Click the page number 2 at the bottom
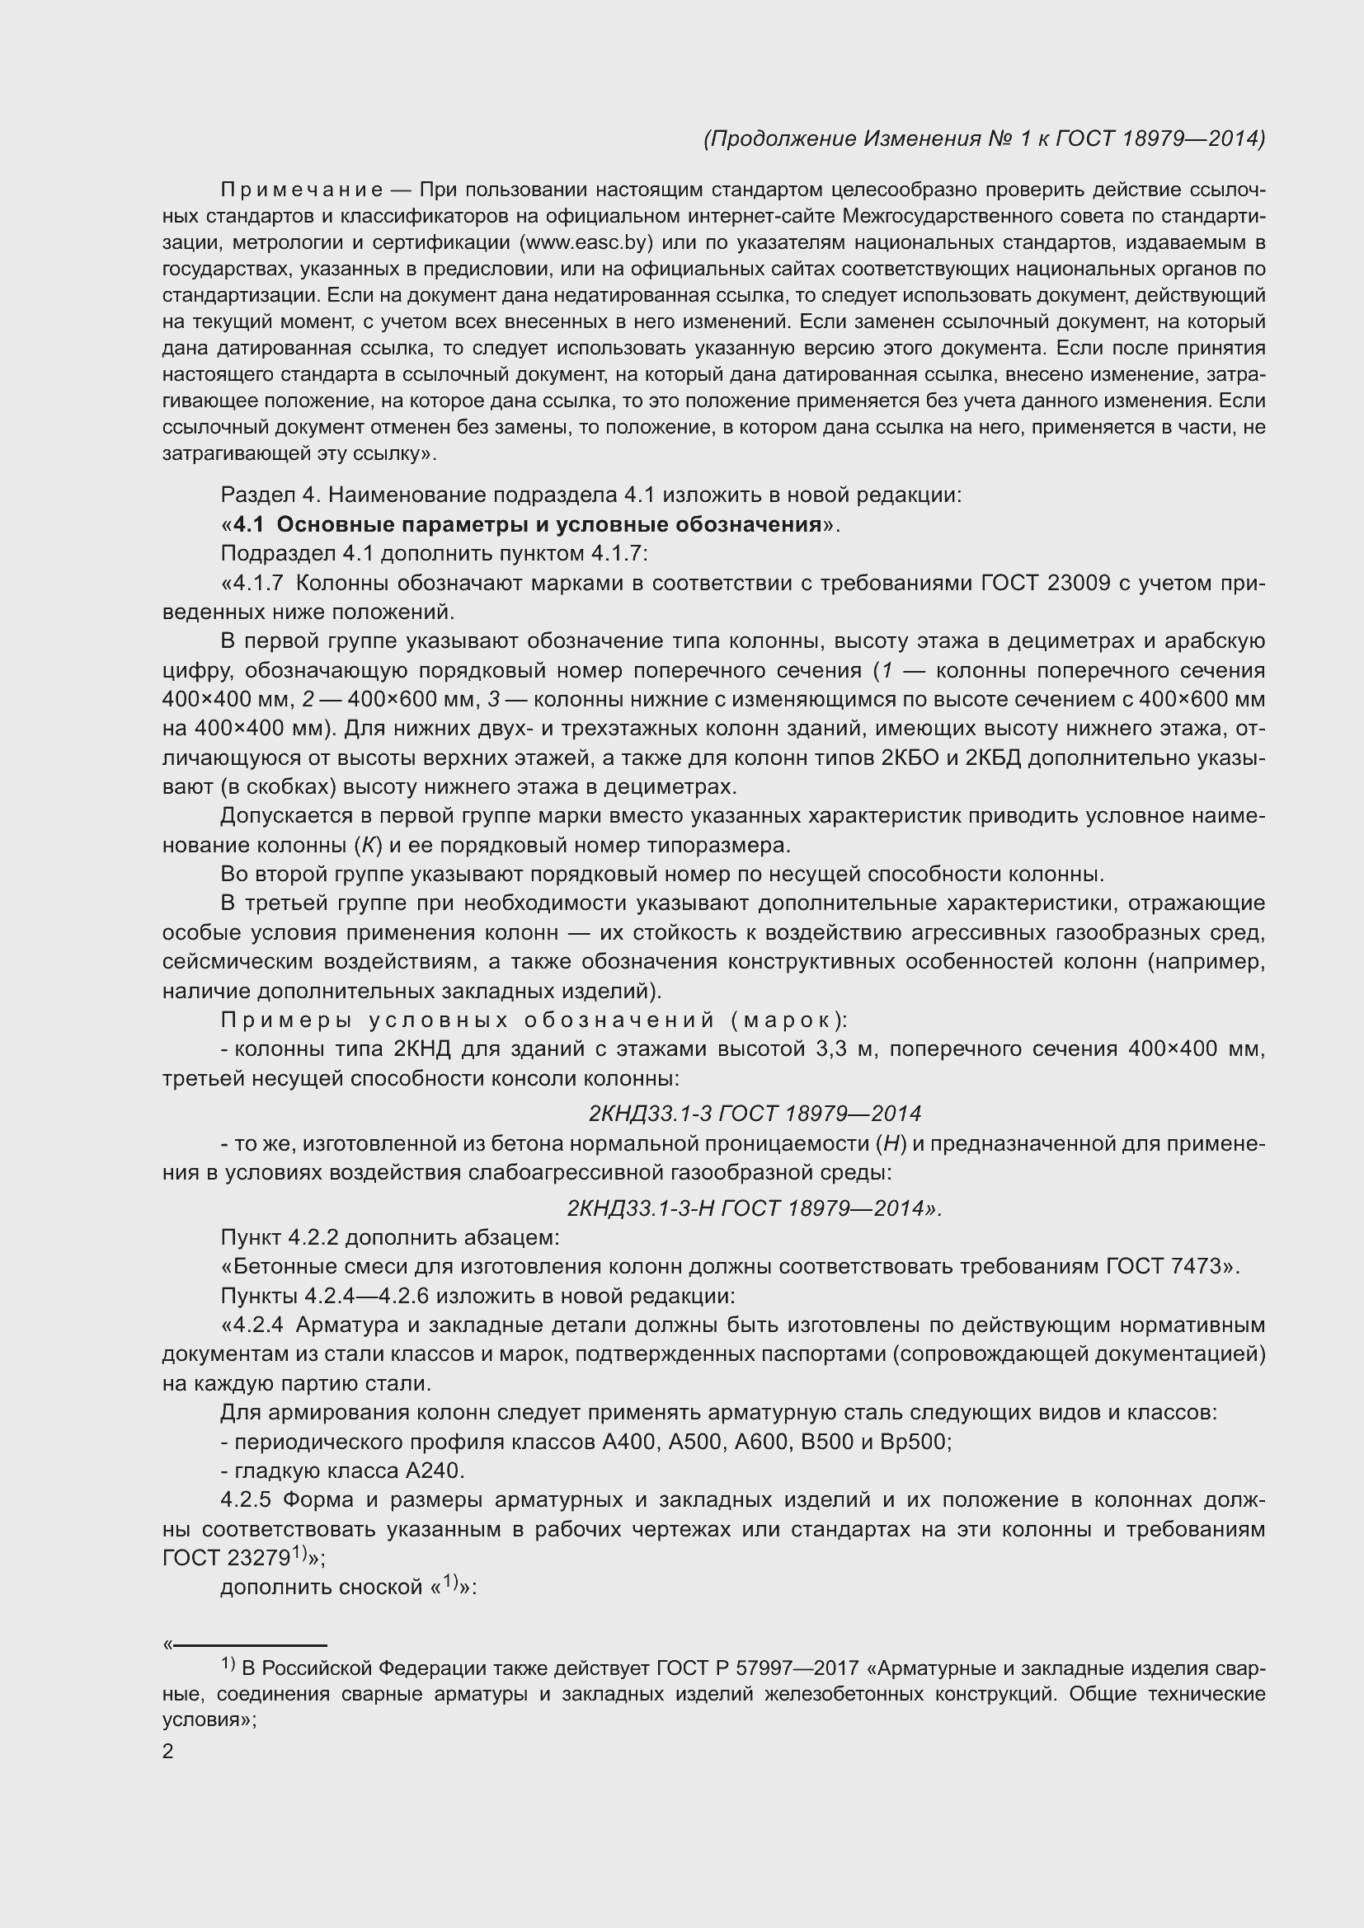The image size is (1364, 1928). (168, 1752)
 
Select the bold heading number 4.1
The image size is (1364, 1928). (248, 525)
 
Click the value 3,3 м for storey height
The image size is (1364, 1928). (847, 1048)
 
